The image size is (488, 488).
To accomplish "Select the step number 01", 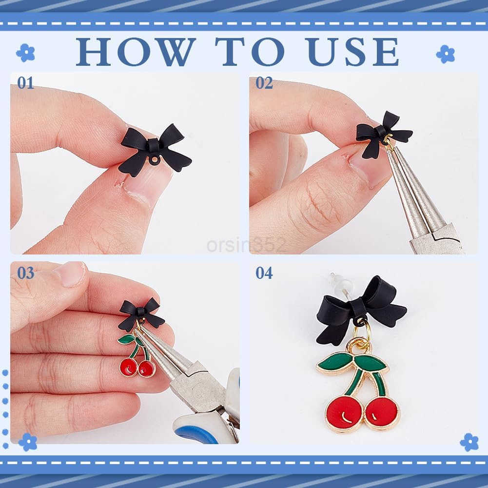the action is coord(25,83).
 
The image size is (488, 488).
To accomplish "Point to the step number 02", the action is coord(264,83).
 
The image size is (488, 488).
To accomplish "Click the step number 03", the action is coord(26,273).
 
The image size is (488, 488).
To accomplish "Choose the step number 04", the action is coord(264,273).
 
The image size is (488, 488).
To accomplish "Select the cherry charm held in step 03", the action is coord(137,356).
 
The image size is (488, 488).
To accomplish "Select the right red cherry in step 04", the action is coord(382,413).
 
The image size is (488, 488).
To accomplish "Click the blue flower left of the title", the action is coord(25,53).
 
